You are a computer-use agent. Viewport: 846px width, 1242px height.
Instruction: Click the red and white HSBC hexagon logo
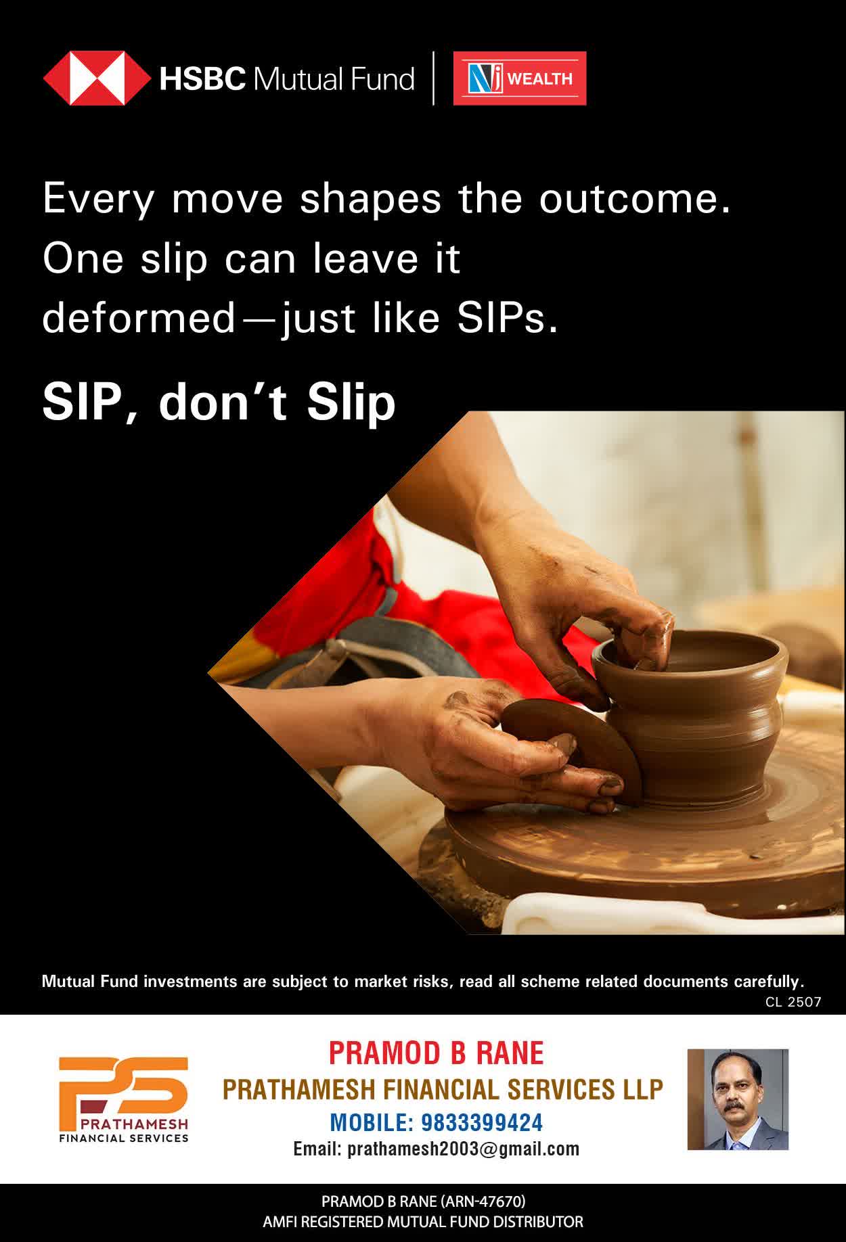pyautogui.click(x=97, y=78)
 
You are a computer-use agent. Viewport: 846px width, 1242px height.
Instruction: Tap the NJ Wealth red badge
pyautogui.click(x=520, y=78)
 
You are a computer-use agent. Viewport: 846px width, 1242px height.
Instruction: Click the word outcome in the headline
pyautogui.click(x=635, y=199)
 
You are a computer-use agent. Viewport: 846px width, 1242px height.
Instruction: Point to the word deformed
pyautogui.click(x=138, y=317)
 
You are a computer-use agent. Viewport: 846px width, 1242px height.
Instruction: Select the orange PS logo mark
pyautogui.click(x=123, y=1086)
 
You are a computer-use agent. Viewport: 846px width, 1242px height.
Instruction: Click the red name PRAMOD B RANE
pyautogui.click(x=436, y=1053)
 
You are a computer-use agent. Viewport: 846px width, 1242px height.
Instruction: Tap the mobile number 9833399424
pyautogui.click(x=482, y=1123)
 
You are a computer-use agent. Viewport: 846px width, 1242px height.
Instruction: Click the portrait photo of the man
pyautogui.click(x=738, y=1099)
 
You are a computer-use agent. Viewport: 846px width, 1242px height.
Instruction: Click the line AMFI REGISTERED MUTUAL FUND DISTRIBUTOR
pyautogui.click(x=423, y=1222)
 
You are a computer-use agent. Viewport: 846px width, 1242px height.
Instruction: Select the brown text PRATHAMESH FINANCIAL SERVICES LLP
pyautogui.click(x=443, y=1089)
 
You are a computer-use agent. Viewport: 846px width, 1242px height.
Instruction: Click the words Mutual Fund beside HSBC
pyautogui.click(x=333, y=78)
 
